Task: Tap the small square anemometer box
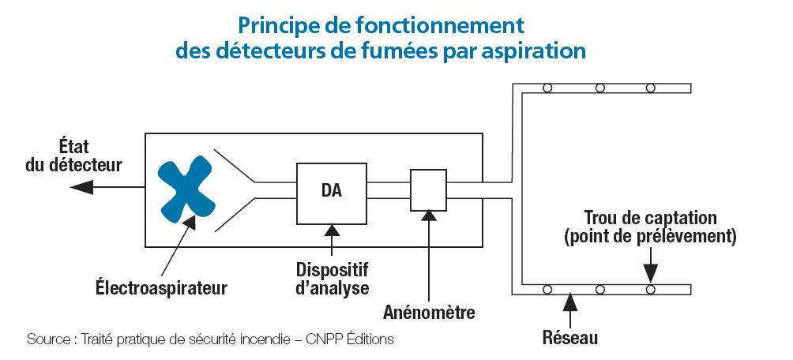pyautogui.click(x=428, y=190)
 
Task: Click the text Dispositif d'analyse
pyautogui.click(x=332, y=277)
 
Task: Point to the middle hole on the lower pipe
pyautogui.click(x=600, y=290)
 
